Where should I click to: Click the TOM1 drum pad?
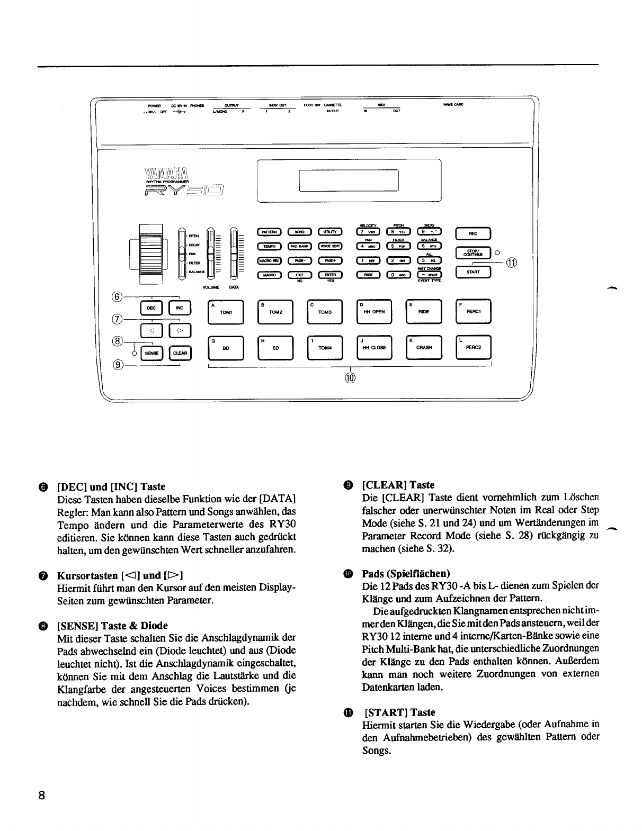coord(226,312)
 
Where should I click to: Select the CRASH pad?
coord(424,348)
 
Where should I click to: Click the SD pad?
coord(275,348)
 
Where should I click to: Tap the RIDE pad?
coord(424,312)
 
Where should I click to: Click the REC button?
coord(473,233)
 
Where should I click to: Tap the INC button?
coord(180,308)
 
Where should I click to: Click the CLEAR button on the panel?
coord(180,353)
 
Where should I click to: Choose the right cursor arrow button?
coord(180,331)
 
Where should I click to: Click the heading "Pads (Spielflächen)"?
coord(406,574)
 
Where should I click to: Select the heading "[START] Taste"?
coord(400,712)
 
